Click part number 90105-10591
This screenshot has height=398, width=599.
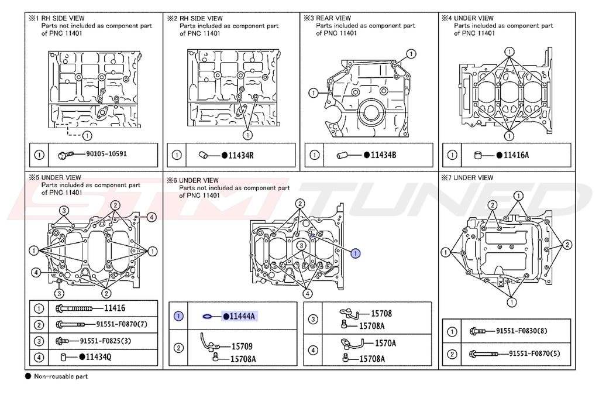click(106, 154)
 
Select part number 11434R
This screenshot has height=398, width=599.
click(240, 155)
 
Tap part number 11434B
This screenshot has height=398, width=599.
click(383, 155)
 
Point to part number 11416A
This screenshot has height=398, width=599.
click(516, 155)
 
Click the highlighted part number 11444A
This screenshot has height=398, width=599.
click(242, 316)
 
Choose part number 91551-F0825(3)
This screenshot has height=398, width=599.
click(105, 341)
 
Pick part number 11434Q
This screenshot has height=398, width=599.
click(98, 356)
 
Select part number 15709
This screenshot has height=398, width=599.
click(242, 346)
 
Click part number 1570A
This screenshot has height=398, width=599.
click(385, 344)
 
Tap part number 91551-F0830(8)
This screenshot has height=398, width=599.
click(521, 331)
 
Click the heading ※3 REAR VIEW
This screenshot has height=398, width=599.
click(328, 18)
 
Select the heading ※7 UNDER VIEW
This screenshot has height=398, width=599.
click(467, 178)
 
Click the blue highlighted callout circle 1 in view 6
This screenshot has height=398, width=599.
click(356, 253)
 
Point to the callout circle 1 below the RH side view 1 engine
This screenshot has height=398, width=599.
click(87, 135)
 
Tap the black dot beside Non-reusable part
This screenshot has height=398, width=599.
click(28, 376)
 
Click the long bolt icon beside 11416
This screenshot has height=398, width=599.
click(74, 308)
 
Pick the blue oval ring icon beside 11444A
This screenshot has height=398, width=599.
click(208, 316)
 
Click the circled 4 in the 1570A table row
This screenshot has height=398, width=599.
click(313, 350)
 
